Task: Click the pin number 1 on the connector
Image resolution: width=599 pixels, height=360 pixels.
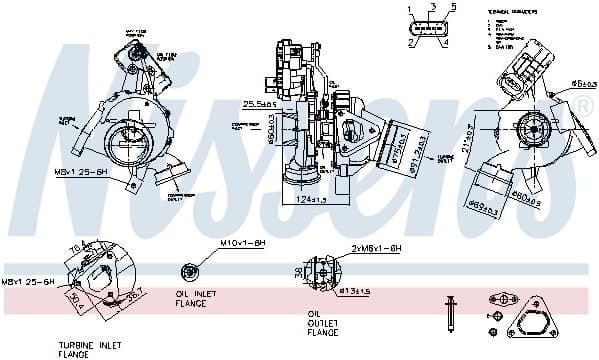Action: tap(409, 8)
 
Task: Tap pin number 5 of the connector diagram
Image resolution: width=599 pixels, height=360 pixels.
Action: tap(453, 8)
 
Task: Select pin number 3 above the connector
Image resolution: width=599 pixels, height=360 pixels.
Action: tap(431, 7)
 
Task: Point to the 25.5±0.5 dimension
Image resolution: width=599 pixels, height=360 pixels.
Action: tap(260, 103)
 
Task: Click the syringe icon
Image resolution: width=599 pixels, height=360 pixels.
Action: tap(451, 315)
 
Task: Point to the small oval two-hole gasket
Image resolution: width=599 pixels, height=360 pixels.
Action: tap(501, 298)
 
